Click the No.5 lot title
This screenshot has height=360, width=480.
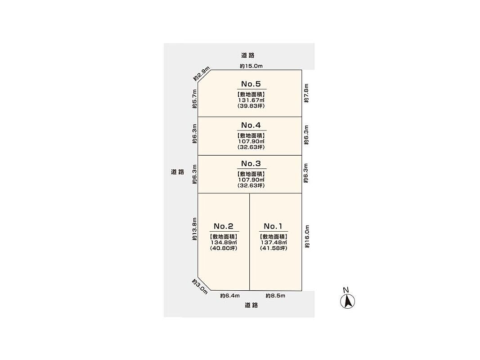pos(251,84)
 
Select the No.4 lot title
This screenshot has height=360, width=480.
pos(251,125)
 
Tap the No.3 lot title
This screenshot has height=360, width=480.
pos(251,163)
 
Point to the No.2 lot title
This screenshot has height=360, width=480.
pos(224,226)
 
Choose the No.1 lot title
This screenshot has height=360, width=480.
pos(273,226)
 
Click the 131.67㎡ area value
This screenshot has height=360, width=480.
pos(251,100)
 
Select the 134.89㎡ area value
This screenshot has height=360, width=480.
pos(224,243)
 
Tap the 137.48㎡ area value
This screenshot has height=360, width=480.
pos(274,243)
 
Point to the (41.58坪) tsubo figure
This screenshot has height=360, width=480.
pos(274,248)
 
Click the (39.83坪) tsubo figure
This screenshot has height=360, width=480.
pos(251,106)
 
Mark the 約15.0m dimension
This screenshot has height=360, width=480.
pos(251,66)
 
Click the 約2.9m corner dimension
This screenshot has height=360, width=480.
pos(202,73)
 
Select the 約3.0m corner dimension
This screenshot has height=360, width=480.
pos(200,287)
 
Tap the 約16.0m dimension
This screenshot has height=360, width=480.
pos(307,237)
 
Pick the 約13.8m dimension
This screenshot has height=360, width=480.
pos(194,229)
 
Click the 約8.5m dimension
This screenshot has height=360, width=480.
pos(275,296)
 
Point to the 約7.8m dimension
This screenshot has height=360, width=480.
pos(306,93)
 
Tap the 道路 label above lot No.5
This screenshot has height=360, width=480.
pos(248,55)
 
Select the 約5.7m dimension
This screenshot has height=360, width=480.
pos(195,99)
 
